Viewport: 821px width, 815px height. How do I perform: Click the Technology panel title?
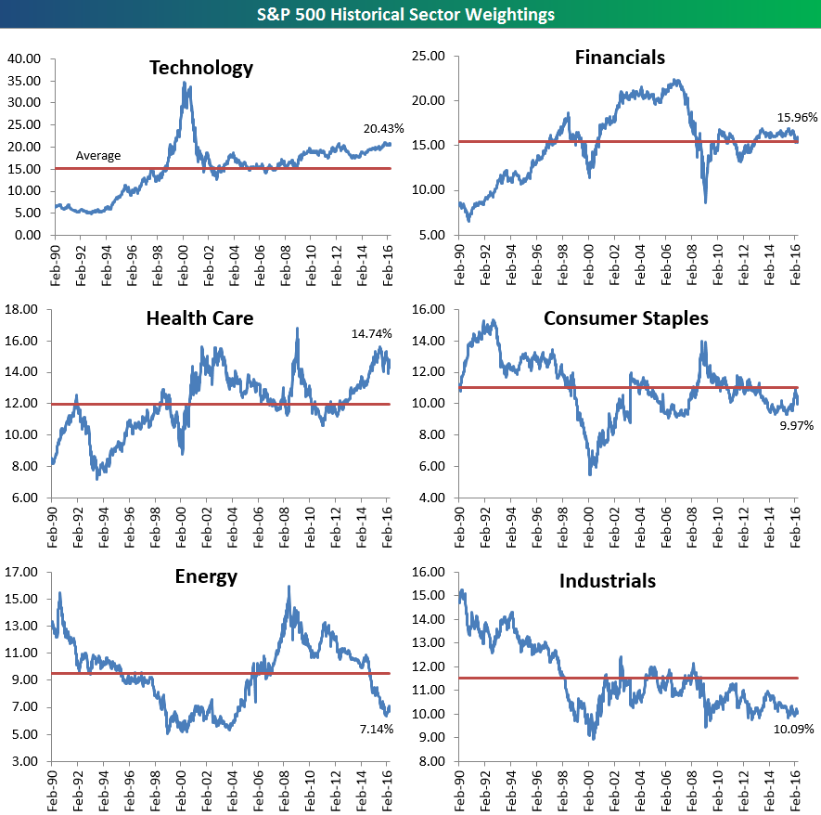(201, 68)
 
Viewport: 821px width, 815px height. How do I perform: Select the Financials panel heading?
(620, 58)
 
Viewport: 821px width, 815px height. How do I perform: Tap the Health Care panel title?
(199, 319)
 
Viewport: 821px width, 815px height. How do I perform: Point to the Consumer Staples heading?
(625, 318)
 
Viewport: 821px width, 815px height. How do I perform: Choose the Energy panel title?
(206, 576)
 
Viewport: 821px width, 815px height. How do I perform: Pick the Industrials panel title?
(608, 581)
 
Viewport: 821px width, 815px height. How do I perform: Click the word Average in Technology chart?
(98, 156)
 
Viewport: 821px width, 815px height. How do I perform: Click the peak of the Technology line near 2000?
(185, 83)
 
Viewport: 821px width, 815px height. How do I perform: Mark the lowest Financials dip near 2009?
(706, 202)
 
